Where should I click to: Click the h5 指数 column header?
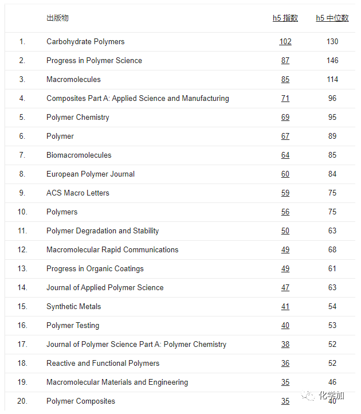pyautogui.click(x=285, y=18)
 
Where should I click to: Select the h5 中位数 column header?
pyautogui.click(x=332, y=18)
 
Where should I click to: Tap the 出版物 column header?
pyautogui.click(x=57, y=18)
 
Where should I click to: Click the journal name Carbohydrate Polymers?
pyautogui.click(x=85, y=42)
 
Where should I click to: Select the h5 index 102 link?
pyautogui.click(x=285, y=42)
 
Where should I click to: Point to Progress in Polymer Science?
pyautogui.click(x=94, y=61)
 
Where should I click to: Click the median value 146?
pyautogui.click(x=332, y=61)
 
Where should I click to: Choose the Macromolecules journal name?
pyautogui.click(x=73, y=80)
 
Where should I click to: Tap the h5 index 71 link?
pyautogui.click(x=285, y=99)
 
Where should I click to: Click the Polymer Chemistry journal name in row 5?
pyautogui.click(x=77, y=118)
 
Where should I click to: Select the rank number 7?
pyautogui.click(x=22, y=155)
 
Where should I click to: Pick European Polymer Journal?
pyautogui.click(x=91, y=174)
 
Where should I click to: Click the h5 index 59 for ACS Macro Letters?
pyautogui.click(x=285, y=193)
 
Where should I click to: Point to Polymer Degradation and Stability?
pyautogui.click(x=103, y=231)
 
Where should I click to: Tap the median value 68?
pyautogui.click(x=332, y=250)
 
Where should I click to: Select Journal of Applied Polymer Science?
pyautogui.click(x=105, y=288)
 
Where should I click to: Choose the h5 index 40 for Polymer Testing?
pyautogui.click(x=285, y=326)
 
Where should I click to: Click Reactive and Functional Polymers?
pyautogui.click(x=103, y=364)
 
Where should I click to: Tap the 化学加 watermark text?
pyautogui.click(x=332, y=396)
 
